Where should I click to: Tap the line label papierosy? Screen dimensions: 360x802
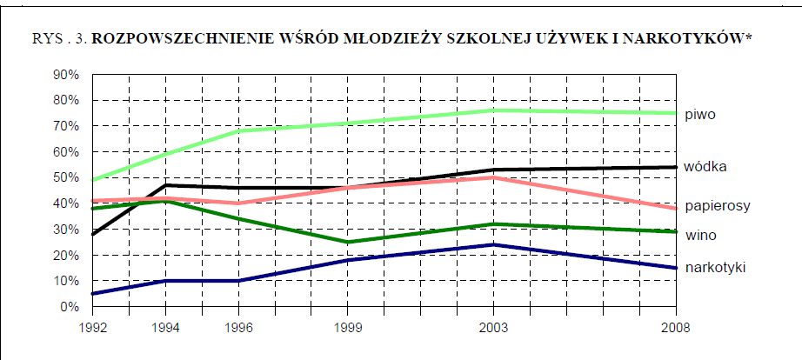pyautogui.click(x=717, y=206)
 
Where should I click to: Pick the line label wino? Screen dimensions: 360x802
pyautogui.click(x=700, y=236)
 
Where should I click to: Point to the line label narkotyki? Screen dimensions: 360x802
pyautogui.click(x=715, y=267)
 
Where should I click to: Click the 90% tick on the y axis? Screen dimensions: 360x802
pyautogui.click(x=66, y=75)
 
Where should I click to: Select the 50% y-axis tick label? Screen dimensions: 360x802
pyautogui.click(x=66, y=178)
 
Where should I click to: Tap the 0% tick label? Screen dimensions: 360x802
pyautogui.click(x=70, y=307)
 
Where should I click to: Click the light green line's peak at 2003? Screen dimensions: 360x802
pyautogui.click(x=494, y=110)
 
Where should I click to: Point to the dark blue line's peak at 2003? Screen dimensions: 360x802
pyautogui.click(x=494, y=244)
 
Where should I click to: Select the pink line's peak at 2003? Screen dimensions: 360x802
pyautogui.click(x=494, y=177)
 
